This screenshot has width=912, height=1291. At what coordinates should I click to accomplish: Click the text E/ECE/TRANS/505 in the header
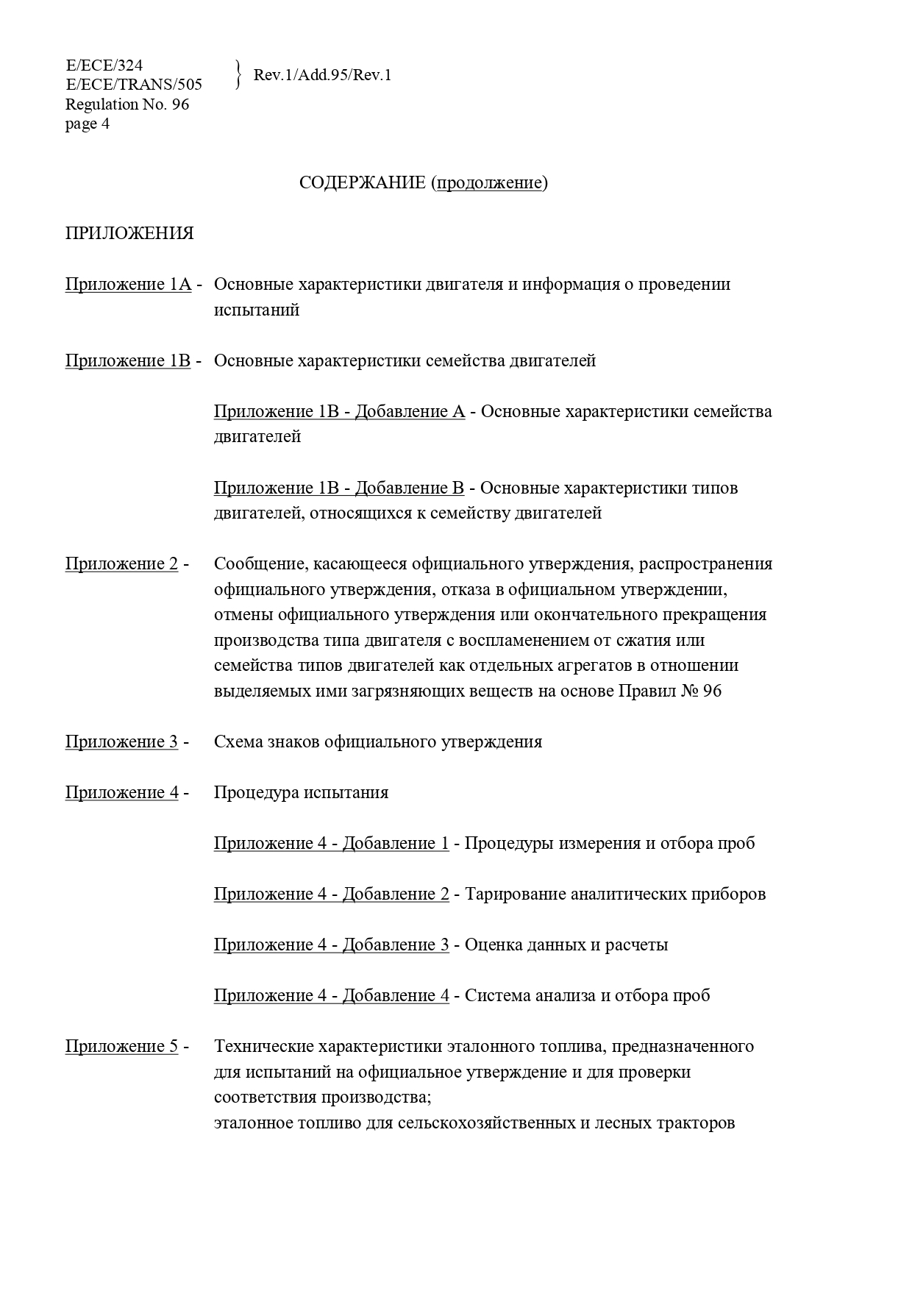[134, 85]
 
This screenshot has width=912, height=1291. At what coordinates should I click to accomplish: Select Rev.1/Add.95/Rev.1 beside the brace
[322, 75]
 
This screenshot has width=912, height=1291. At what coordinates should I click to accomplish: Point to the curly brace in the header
[238, 75]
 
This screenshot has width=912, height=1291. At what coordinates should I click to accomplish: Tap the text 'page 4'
[88, 124]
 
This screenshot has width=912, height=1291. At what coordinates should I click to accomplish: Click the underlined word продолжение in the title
[490, 182]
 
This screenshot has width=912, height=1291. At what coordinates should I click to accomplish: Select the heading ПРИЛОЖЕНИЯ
[129, 233]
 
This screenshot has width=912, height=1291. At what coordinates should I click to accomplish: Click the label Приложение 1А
[128, 284]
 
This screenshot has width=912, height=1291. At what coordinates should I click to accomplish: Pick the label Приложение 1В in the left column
[128, 360]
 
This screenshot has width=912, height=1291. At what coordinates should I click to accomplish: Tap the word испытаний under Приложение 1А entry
[257, 310]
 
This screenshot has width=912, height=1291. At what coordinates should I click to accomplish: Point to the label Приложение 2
[121, 563]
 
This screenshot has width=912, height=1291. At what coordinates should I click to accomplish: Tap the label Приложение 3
[121, 741]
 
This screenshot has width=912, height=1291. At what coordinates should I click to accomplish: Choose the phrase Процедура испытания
[301, 792]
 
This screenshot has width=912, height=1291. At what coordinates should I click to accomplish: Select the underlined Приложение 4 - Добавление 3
[331, 945]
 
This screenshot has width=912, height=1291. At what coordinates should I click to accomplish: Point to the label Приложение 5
[121, 1046]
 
